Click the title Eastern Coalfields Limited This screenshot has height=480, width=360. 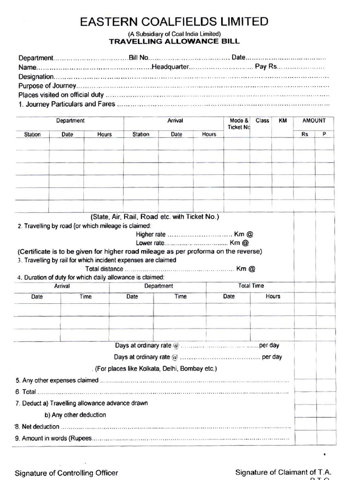[x=174, y=22]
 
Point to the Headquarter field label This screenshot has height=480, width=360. [x=170, y=67]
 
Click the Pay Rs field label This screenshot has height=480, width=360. [x=266, y=67]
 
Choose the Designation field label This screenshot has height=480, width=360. [x=36, y=76]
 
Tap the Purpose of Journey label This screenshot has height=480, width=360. [x=47, y=86]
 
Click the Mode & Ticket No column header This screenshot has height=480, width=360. [x=239, y=124]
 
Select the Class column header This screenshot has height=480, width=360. [x=262, y=120]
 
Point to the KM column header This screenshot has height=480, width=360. [x=283, y=120]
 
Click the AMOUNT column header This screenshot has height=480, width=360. [x=314, y=120]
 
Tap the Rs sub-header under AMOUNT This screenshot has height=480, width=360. [x=305, y=134]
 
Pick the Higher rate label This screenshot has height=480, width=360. [x=151, y=234]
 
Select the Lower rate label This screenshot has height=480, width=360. [x=150, y=243]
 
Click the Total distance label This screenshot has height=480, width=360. [x=104, y=269]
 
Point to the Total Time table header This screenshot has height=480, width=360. [x=251, y=285]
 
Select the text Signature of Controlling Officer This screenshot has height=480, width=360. [x=67, y=473]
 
